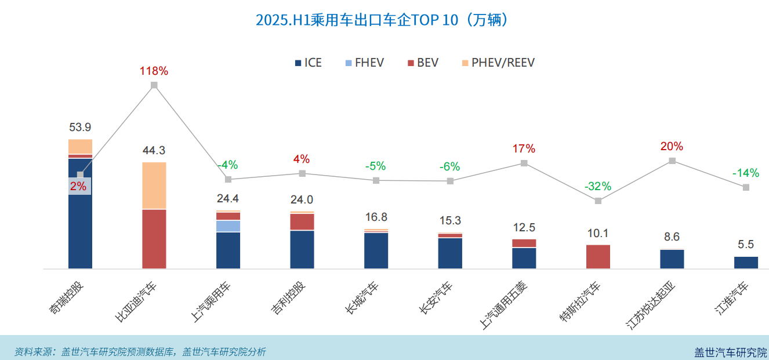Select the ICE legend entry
[x=308, y=63]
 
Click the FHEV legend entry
[x=364, y=63]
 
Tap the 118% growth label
[x=154, y=71]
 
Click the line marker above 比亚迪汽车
[x=154, y=85]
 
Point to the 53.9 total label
[x=80, y=128]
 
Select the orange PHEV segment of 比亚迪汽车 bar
[x=154, y=186]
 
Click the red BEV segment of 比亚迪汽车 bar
[x=154, y=239]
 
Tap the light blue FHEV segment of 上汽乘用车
[x=228, y=226]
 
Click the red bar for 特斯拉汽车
[x=598, y=257]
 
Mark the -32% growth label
[x=598, y=187]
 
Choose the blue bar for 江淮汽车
[x=746, y=263]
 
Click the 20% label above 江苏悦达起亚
[x=672, y=146]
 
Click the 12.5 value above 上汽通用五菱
[x=524, y=227]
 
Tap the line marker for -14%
[x=746, y=187]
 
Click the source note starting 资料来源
[x=140, y=351]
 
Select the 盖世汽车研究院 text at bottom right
[x=731, y=352]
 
